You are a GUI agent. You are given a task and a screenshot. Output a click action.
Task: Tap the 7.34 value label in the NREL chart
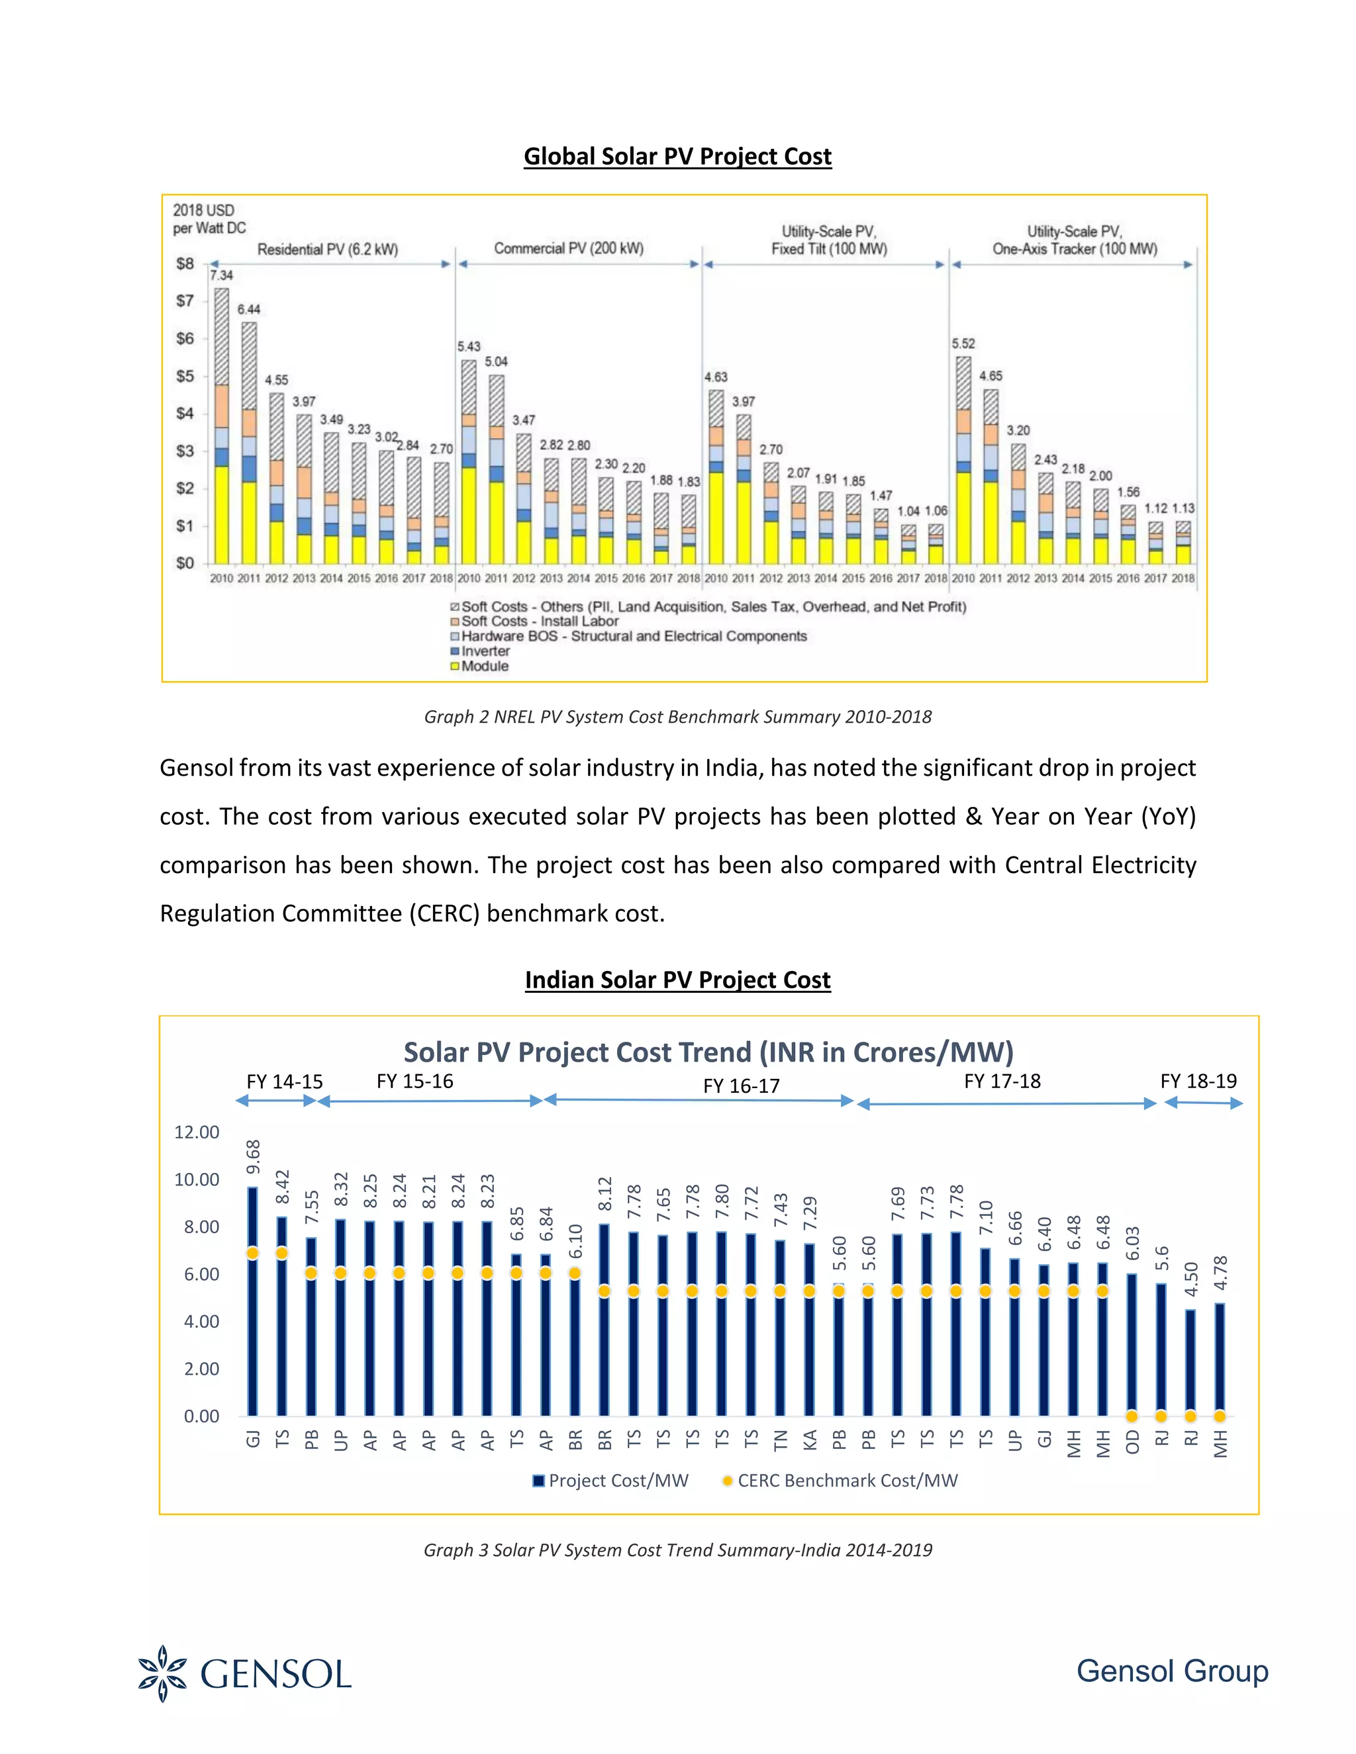pyautogui.click(x=221, y=275)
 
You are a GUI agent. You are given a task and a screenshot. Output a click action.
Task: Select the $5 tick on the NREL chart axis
pyautogui.click(x=185, y=376)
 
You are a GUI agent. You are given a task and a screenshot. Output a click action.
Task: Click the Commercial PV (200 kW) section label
pyautogui.click(x=568, y=248)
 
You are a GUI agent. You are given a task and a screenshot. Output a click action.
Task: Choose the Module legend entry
pyautogui.click(x=483, y=666)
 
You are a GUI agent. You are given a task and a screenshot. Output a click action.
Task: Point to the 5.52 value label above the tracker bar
pyautogui.click(x=963, y=344)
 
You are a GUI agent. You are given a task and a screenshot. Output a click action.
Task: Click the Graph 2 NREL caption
pyautogui.click(x=677, y=716)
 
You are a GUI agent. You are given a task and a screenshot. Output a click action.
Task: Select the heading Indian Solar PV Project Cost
pyautogui.click(x=677, y=980)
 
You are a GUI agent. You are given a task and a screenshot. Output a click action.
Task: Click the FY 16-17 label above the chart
pyautogui.click(x=741, y=1085)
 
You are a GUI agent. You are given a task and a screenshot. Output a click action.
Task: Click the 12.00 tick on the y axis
pyautogui.click(x=196, y=1132)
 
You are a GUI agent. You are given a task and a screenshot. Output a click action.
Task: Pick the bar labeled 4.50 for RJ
pyautogui.click(x=1190, y=1365)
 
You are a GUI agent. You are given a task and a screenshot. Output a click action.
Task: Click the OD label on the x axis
pyautogui.click(x=1132, y=1441)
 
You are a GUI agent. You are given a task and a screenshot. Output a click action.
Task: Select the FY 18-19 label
pyautogui.click(x=1198, y=1081)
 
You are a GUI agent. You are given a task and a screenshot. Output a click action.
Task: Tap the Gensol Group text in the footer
pyautogui.click(x=1172, y=1671)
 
